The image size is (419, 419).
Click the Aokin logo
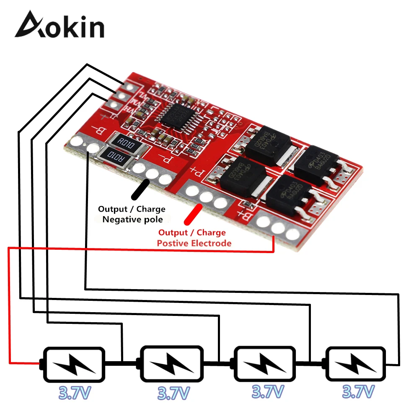click(59, 26)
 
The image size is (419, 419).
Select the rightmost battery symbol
click(356, 363)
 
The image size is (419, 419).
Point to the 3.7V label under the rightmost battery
click(358, 392)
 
